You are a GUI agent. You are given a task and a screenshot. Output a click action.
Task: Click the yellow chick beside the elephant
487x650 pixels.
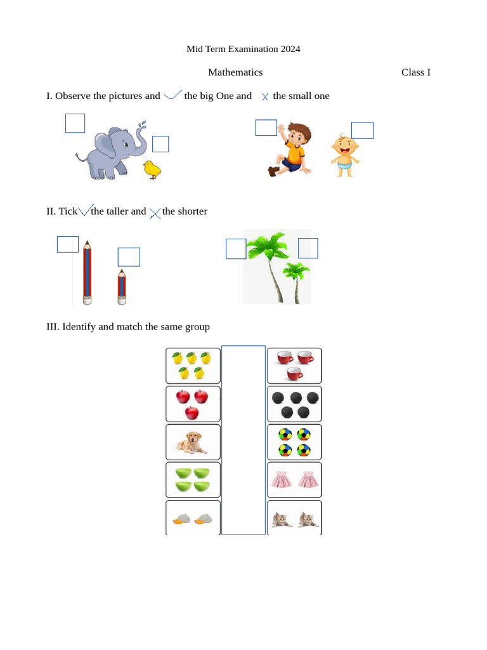coord(152,169)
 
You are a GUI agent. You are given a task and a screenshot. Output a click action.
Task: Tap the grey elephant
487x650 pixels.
coord(111,152)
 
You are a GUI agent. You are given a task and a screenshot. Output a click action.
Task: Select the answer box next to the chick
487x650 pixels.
coord(160,144)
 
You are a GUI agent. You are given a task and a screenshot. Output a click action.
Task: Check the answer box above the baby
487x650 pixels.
coord(362,130)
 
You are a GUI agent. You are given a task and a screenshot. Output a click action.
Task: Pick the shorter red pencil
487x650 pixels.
coord(121,287)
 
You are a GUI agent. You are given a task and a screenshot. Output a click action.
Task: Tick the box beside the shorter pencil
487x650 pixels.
coord(129,257)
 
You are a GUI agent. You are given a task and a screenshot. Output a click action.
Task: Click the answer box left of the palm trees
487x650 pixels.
coord(236,248)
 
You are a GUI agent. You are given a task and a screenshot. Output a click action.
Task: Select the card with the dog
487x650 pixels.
coord(193,442)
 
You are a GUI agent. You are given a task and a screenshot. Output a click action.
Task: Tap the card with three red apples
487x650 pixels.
coord(193,404)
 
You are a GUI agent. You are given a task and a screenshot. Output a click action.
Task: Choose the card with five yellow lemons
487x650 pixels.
coord(193,366)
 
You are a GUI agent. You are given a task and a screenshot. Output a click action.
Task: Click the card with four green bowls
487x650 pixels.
coord(193,480)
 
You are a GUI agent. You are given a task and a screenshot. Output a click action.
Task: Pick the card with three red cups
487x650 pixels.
coord(294,366)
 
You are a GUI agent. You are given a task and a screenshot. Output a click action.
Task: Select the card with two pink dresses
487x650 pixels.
coord(294,480)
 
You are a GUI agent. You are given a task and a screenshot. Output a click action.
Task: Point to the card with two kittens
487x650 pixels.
coord(294,518)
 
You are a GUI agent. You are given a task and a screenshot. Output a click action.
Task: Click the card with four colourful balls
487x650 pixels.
coord(294,442)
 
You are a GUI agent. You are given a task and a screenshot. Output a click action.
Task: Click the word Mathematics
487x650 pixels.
coord(235,72)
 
